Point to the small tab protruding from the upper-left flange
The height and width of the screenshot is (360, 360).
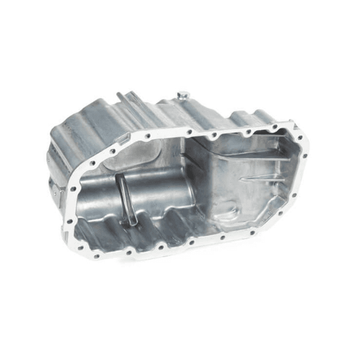[119, 97]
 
